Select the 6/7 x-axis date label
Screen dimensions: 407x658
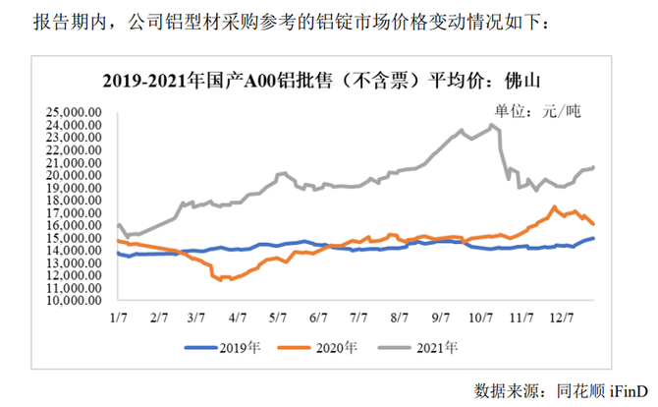coord(319,318)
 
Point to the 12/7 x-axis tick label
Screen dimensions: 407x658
coord(562,318)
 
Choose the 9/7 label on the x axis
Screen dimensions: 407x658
coord(441,318)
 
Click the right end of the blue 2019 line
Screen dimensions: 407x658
coord(594,238)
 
